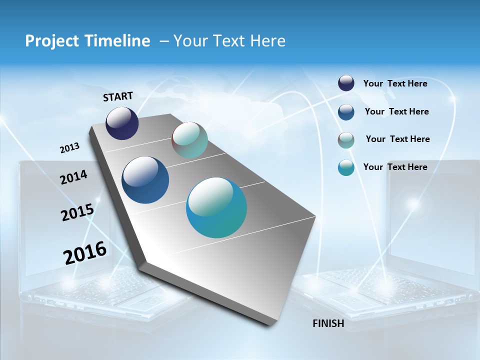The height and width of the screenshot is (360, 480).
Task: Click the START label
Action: click(118, 96)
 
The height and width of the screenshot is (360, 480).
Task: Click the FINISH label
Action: click(328, 323)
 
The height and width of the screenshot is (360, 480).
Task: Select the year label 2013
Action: click(70, 148)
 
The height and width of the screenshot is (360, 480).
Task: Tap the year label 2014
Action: click(73, 177)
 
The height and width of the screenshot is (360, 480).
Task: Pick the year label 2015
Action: click(77, 212)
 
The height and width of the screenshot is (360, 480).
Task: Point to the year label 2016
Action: click(85, 252)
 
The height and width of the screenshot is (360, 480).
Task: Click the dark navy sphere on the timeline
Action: click(122, 123)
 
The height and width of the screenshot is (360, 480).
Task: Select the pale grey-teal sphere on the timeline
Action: click(189, 140)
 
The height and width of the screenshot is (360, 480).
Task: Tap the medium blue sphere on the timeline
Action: click(145, 180)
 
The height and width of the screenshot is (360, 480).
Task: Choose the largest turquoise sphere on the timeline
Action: click(216, 207)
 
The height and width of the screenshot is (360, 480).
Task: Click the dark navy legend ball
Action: click(346, 83)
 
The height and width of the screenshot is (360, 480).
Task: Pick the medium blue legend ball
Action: click(346, 111)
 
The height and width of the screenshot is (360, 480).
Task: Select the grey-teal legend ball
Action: click(346, 139)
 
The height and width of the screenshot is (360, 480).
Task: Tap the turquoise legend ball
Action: click(346, 167)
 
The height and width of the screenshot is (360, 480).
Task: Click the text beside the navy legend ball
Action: click(395, 83)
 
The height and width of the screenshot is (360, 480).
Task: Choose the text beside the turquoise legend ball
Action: click(395, 167)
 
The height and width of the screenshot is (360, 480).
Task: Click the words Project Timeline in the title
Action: click(87, 41)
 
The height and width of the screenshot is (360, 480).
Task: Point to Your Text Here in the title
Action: click(229, 41)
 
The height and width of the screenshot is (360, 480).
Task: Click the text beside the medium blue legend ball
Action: click(396, 111)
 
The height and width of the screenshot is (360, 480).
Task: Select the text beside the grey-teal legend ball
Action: click(397, 139)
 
